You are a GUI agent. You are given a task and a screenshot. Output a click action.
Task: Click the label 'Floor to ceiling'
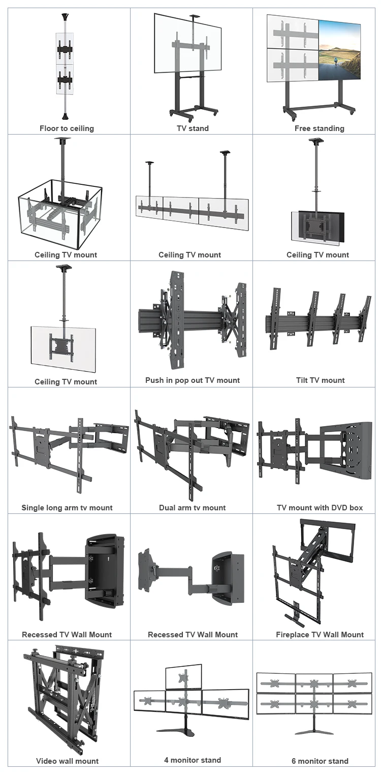coord(67,128)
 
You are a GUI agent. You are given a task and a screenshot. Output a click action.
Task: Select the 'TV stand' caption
coord(193,128)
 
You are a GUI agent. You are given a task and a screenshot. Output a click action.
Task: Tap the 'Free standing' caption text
coord(319,128)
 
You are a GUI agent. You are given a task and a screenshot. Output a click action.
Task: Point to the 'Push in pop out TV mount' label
coord(193,380)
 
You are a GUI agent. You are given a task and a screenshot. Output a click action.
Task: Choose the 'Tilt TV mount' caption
coord(320,380)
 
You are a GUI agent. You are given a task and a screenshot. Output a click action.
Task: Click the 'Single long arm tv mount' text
coord(67,508)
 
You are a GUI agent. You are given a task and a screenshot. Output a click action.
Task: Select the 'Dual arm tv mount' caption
coord(193,508)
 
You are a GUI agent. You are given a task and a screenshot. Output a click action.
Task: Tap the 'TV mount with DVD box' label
coord(320,508)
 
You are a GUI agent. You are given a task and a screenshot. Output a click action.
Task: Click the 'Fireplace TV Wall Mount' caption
coord(320,635)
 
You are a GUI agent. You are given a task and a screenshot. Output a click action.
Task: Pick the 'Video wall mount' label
coord(67,761)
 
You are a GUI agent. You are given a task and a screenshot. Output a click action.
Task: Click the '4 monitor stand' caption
coord(193,760)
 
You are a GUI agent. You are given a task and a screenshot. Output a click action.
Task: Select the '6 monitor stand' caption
coord(320,761)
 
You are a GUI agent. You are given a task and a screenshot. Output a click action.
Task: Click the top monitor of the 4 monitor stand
coord(183,676)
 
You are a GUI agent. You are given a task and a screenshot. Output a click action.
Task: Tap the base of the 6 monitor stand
coord(314,732)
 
